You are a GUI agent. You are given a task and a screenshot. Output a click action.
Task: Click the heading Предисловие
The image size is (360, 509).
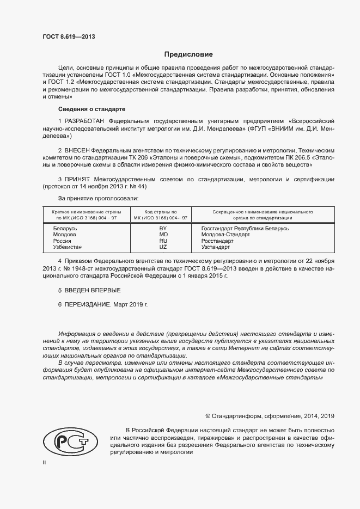pos(188,54)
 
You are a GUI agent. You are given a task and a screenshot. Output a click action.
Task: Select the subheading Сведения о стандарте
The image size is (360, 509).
pos(92,109)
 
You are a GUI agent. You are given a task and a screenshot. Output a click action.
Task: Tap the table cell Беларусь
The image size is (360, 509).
pos(65,229)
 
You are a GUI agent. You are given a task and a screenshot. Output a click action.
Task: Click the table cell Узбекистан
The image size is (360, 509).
pos(68,247)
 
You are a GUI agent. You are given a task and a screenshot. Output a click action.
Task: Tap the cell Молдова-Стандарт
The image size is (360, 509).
pos(225,235)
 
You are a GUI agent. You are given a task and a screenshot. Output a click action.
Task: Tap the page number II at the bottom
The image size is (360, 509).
pos(45,462)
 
